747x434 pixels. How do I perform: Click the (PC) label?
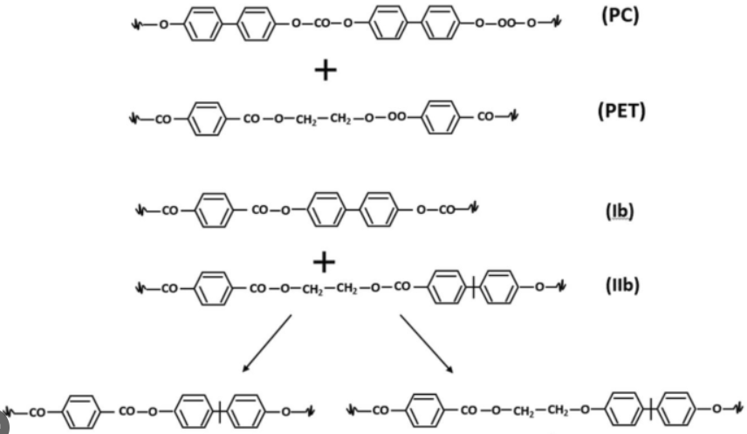[620, 18]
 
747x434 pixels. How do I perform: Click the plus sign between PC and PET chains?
[325, 70]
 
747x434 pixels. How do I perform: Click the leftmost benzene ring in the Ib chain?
[209, 210]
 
